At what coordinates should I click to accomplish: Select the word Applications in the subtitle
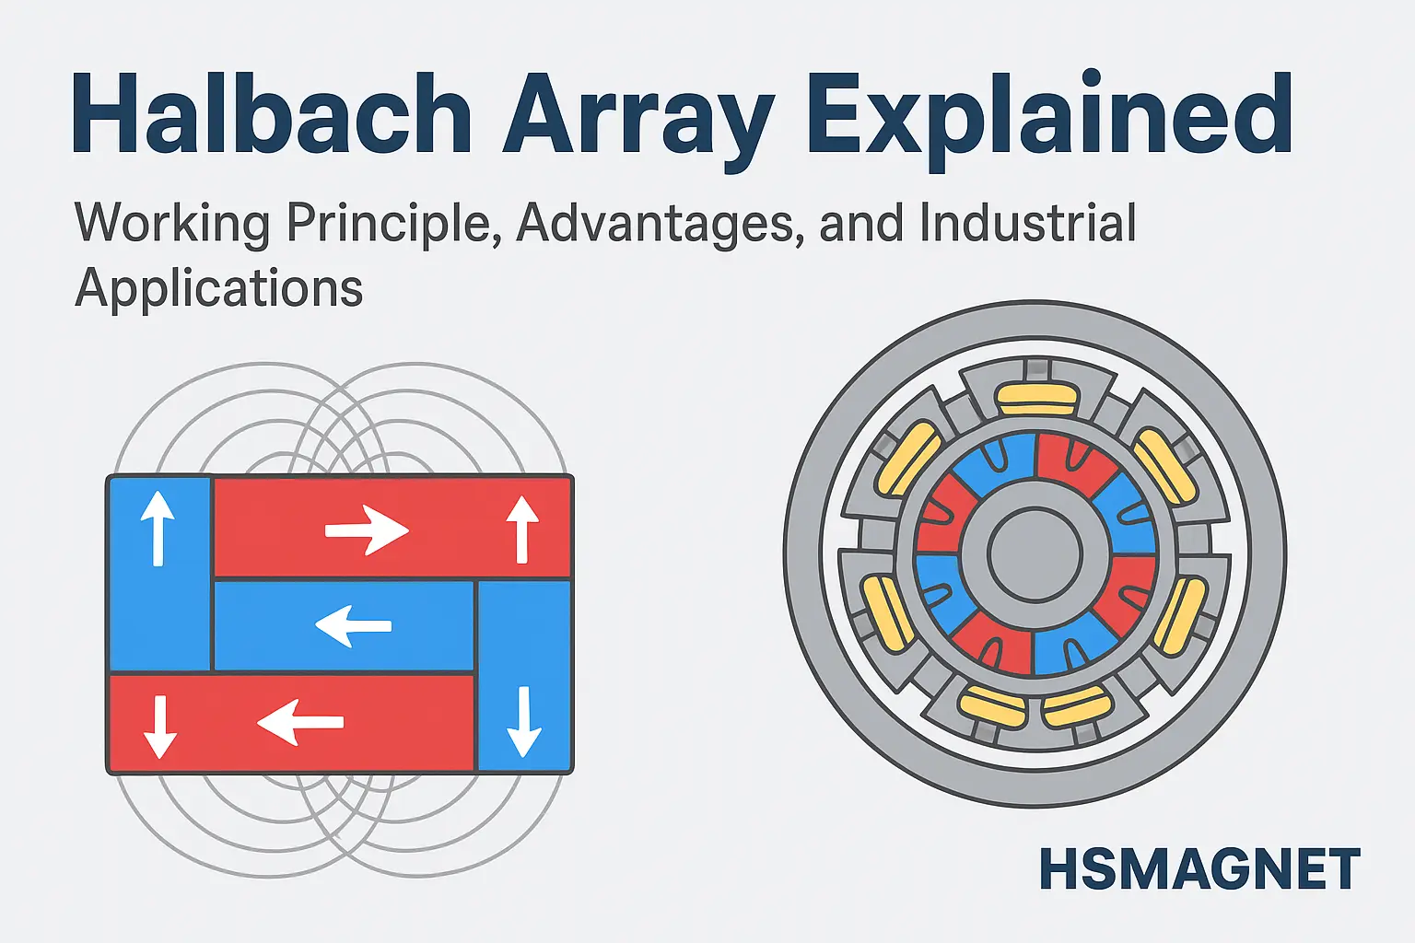pyautogui.click(x=219, y=289)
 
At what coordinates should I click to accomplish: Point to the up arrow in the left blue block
pyautogui.click(x=158, y=528)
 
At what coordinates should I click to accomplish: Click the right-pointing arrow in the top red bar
pyautogui.click(x=367, y=530)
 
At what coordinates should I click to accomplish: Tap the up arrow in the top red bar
pyautogui.click(x=522, y=530)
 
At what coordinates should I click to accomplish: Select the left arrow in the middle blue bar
pyautogui.click(x=354, y=625)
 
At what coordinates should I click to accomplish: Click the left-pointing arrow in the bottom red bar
pyautogui.click(x=300, y=722)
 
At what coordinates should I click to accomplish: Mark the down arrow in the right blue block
pyautogui.click(x=523, y=721)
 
